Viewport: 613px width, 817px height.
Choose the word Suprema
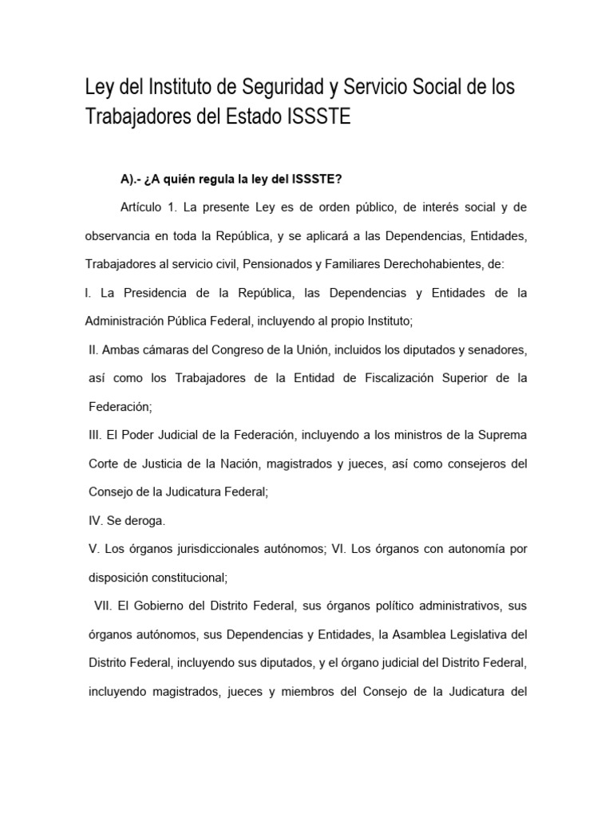click(x=503, y=435)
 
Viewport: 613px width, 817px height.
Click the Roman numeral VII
click(x=104, y=606)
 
